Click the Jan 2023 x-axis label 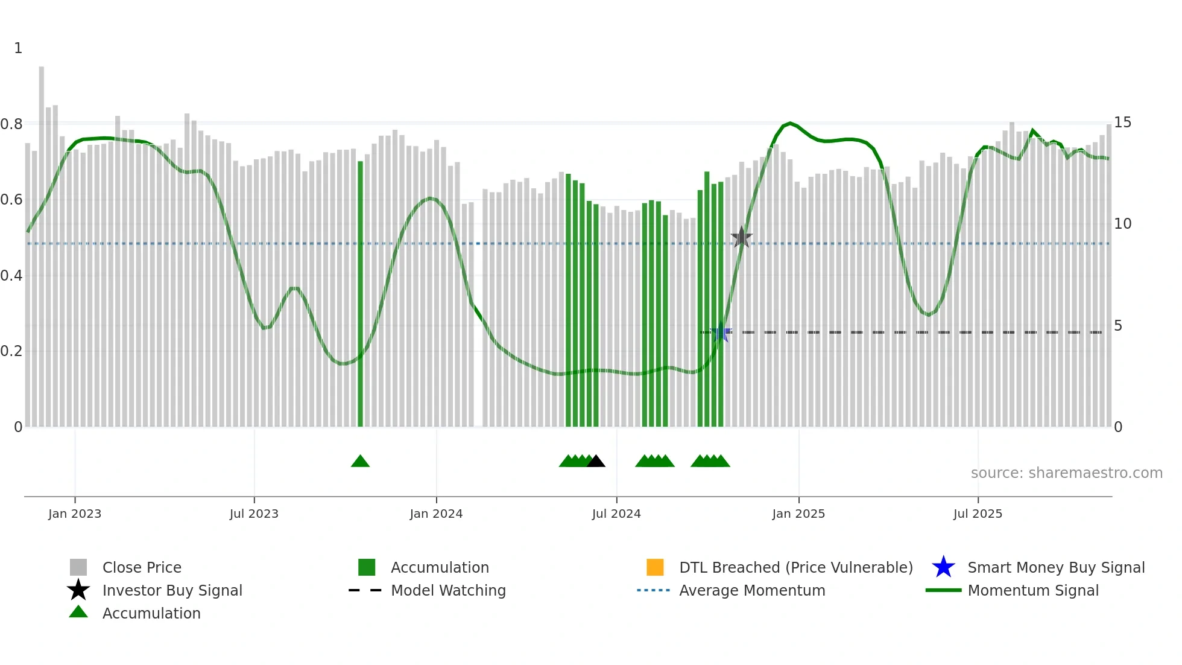[x=75, y=514]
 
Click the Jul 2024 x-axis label [x=616, y=514]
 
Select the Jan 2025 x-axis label [x=798, y=514]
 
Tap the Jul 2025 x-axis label [x=978, y=514]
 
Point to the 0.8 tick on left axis [x=12, y=124]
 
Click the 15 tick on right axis [x=1122, y=122]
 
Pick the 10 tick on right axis [x=1122, y=224]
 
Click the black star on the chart [x=741, y=237]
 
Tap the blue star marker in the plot [x=721, y=332]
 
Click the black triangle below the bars [x=596, y=462]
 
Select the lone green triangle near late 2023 [x=360, y=462]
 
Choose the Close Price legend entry [x=142, y=567]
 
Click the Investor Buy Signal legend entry [x=172, y=590]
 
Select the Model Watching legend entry [x=448, y=590]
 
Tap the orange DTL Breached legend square [x=655, y=567]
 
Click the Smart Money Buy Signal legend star [x=943, y=567]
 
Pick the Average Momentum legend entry [x=752, y=590]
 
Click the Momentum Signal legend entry [x=1033, y=590]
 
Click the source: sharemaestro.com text [x=1066, y=473]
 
